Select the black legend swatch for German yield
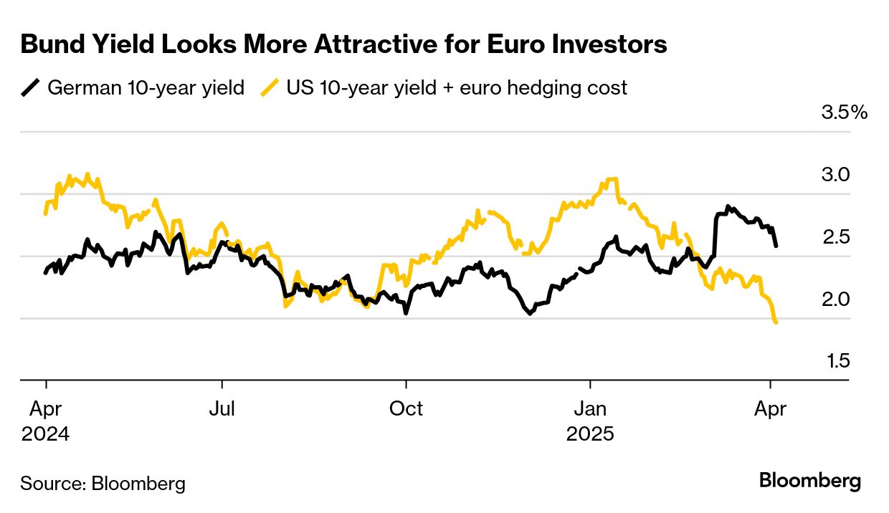coord(30,88)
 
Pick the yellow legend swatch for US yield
coord(269,88)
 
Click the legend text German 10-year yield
coord(146,88)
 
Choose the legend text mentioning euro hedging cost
coord(457,88)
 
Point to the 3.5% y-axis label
coord(844,112)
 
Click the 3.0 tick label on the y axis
coord(835,175)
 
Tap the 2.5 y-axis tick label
coord(835,236)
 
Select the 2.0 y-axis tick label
coord(835,299)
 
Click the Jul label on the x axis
coord(222,409)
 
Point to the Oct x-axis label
coord(406,409)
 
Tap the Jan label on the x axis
coord(591,409)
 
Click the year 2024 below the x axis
coord(45,434)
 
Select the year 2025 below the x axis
coord(591,434)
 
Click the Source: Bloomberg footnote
coord(103,484)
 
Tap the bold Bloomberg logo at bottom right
coord(810,481)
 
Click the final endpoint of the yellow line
coord(776,323)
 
